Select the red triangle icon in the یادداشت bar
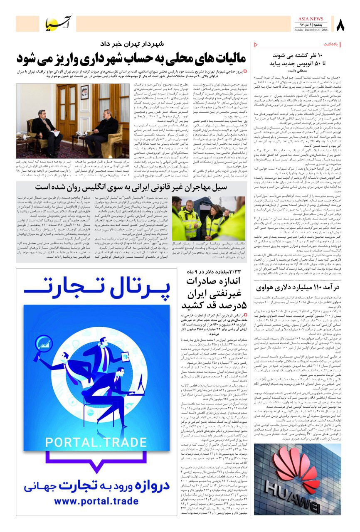pyautogui.click(x=256, y=44)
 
